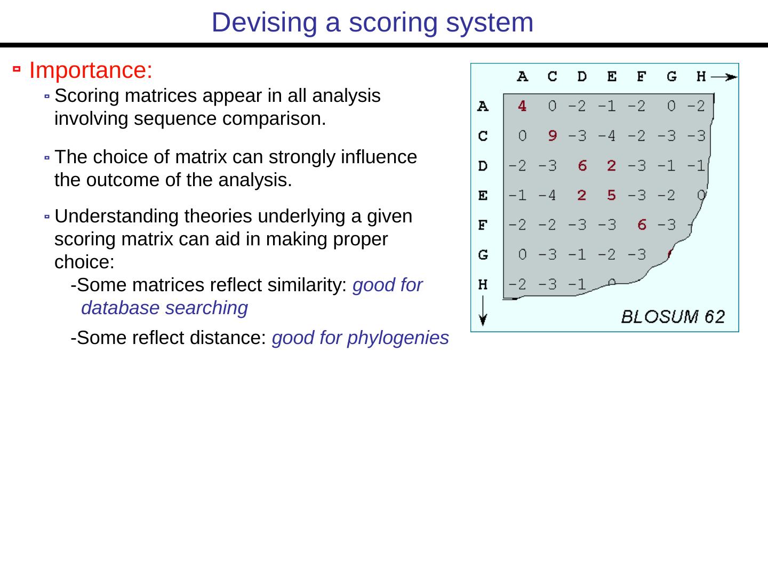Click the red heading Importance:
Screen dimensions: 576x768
click(91, 70)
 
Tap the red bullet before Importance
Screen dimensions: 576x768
click(17, 69)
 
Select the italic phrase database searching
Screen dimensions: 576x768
click(164, 308)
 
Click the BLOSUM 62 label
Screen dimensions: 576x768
click(673, 317)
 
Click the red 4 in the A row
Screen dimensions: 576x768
click(522, 106)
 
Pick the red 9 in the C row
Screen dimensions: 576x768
click(552, 136)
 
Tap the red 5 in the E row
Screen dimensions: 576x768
click(611, 196)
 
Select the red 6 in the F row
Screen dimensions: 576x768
click(642, 225)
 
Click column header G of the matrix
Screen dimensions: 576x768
click(671, 77)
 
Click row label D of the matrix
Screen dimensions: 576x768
click(483, 166)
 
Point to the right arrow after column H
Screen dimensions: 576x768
click(724, 77)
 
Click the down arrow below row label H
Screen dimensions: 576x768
click(483, 313)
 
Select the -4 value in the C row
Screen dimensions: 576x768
click(606, 136)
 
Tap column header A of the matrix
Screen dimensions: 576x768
click(522, 77)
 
